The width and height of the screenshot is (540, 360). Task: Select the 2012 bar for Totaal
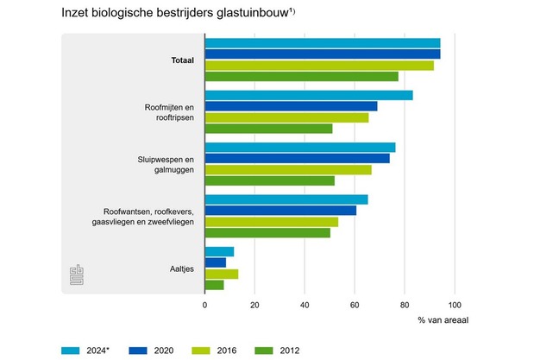click(301, 76)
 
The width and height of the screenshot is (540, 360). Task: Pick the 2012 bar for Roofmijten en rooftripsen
click(268, 129)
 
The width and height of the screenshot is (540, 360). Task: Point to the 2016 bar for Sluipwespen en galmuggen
click(288, 169)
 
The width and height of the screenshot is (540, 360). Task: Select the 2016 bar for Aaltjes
click(221, 274)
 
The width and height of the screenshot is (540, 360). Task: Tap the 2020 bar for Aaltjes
click(215, 262)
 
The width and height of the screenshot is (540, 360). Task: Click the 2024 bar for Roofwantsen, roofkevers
click(286, 199)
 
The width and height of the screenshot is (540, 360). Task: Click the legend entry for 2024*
click(87, 350)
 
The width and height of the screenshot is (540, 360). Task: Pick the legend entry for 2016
click(217, 350)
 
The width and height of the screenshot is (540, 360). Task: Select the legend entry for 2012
click(281, 350)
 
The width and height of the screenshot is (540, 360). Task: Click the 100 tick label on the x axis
click(455, 304)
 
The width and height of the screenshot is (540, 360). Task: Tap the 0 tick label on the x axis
click(204, 304)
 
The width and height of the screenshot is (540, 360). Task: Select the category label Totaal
click(182, 60)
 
